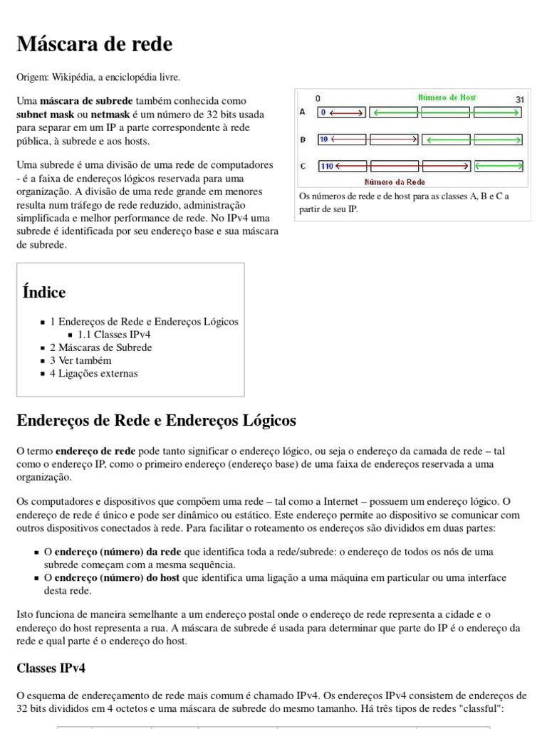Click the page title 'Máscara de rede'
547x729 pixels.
click(x=94, y=45)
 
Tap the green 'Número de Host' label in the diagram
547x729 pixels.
click(x=447, y=98)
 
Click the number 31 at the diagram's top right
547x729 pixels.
click(x=519, y=98)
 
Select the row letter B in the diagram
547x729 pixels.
click(x=303, y=139)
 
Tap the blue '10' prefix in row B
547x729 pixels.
click(x=324, y=139)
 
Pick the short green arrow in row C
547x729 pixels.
click(x=499, y=166)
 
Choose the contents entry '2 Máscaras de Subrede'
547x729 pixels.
click(x=100, y=347)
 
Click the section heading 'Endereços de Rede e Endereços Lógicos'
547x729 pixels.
click(x=156, y=421)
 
